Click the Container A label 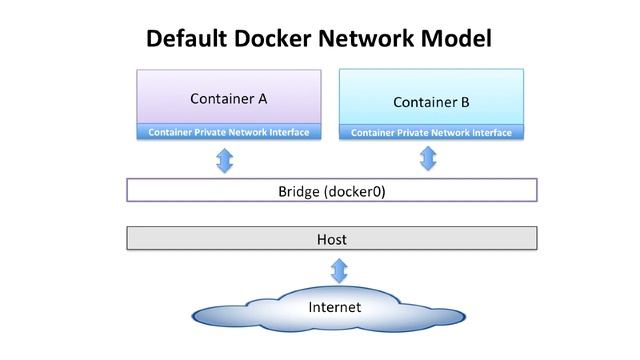click(x=228, y=99)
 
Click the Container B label click(x=431, y=102)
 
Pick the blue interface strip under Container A click(x=228, y=132)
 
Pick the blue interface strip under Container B click(x=431, y=133)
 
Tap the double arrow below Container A click(x=225, y=159)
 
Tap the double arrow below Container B click(x=429, y=158)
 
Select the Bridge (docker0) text click(x=331, y=191)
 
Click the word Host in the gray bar click(x=331, y=239)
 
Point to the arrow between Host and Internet click(x=339, y=269)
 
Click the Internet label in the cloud click(x=333, y=307)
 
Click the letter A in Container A click(x=262, y=99)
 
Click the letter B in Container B click(x=464, y=102)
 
